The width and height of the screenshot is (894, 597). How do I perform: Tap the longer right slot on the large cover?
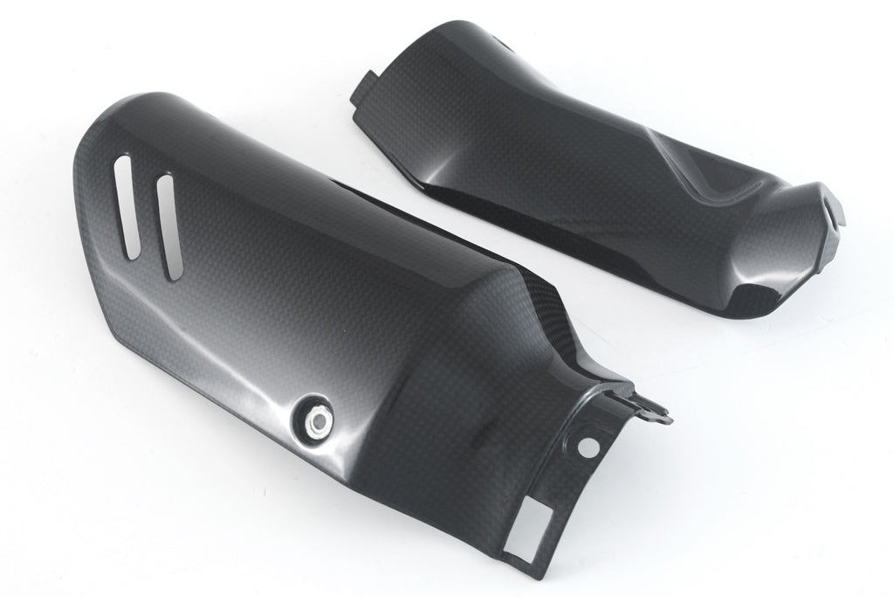coord(167,226)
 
